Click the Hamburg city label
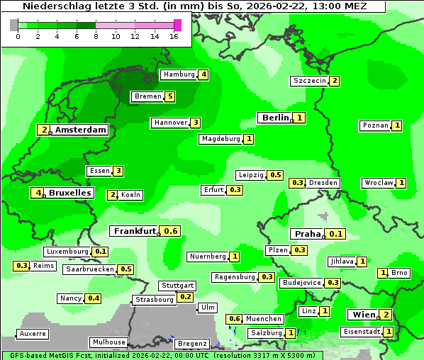click(179, 74)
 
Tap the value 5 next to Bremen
click(169, 96)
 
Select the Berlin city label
click(274, 118)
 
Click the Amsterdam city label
click(81, 130)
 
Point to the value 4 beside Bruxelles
click(36, 193)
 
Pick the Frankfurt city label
click(135, 231)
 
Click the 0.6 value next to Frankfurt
click(171, 231)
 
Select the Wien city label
click(362, 315)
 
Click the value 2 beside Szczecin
click(335, 81)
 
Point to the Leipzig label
click(251, 175)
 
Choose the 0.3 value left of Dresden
click(297, 183)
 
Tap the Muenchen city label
click(264, 319)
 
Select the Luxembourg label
click(67, 252)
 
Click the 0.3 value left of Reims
click(21, 266)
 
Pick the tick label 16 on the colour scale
click(174, 36)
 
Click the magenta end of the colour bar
click(177, 25)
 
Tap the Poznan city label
click(375, 125)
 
